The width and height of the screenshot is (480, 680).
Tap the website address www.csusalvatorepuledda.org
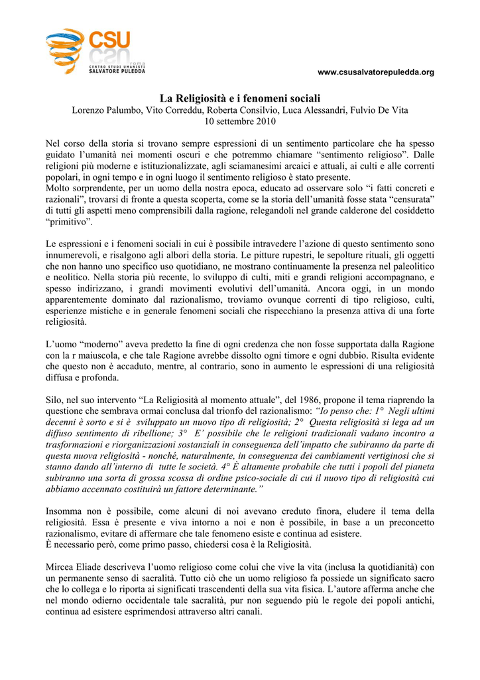[376, 72]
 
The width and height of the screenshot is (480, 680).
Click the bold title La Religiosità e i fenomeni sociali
[240, 98]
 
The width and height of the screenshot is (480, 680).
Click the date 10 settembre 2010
[240, 122]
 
